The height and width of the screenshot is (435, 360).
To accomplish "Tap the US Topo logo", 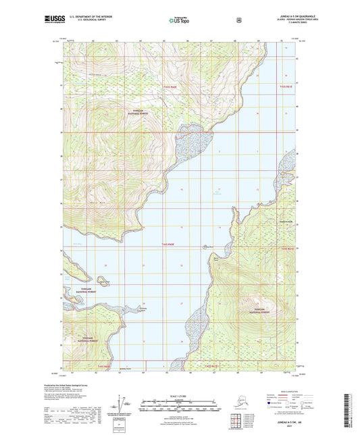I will (179, 21).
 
